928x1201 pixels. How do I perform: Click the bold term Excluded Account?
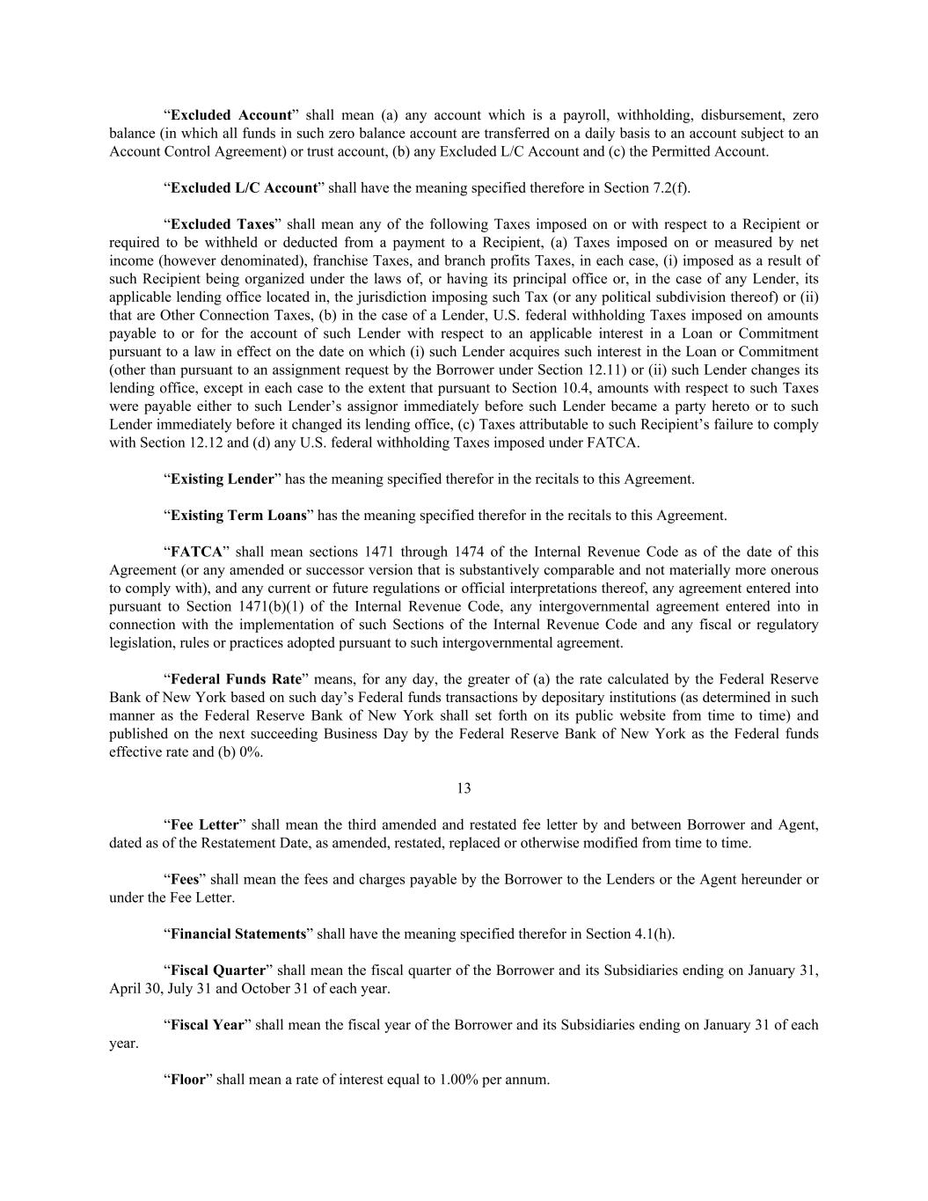tap(230, 115)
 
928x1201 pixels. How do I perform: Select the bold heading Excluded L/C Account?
tap(244, 187)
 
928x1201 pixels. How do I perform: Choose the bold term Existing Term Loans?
tap(238, 516)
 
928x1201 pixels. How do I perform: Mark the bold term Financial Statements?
tap(237, 934)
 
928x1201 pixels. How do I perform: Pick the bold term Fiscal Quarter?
tap(217, 970)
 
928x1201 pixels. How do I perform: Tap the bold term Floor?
tap(187, 1080)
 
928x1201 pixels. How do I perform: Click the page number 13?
tap(464, 788)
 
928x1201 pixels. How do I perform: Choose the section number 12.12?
tap(158, 443)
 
